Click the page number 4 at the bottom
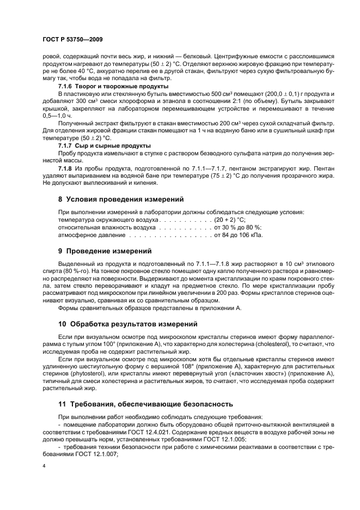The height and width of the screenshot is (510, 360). click(44, 466)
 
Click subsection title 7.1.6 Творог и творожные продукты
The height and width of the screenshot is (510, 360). click(113, 87)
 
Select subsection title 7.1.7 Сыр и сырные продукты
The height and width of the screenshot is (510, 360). click(104, 146)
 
